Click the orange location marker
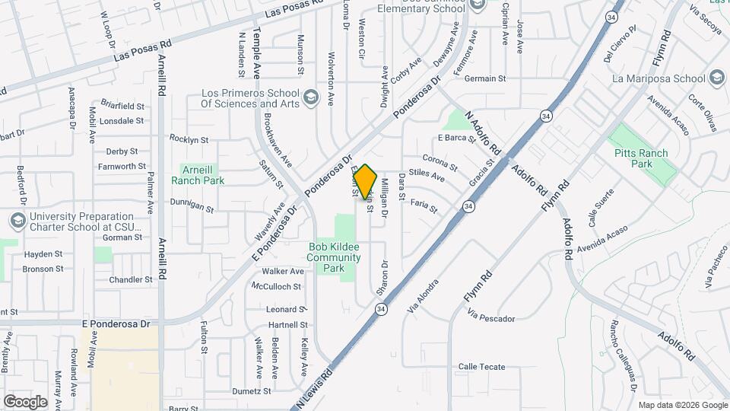(x=365, y=182)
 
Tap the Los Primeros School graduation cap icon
(x=310, y=97)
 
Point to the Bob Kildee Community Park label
(x=333, y=257)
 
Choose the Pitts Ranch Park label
(x=642, y=158)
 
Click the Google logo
(x=25, y=401)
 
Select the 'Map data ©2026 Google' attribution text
(x=682, y=405)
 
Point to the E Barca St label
(x=456, y=138)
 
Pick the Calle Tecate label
(x=481, y=367)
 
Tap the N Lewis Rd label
(x=314, y=388)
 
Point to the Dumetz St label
(x=252, y=391)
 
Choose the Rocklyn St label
(x=189, y=139)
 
